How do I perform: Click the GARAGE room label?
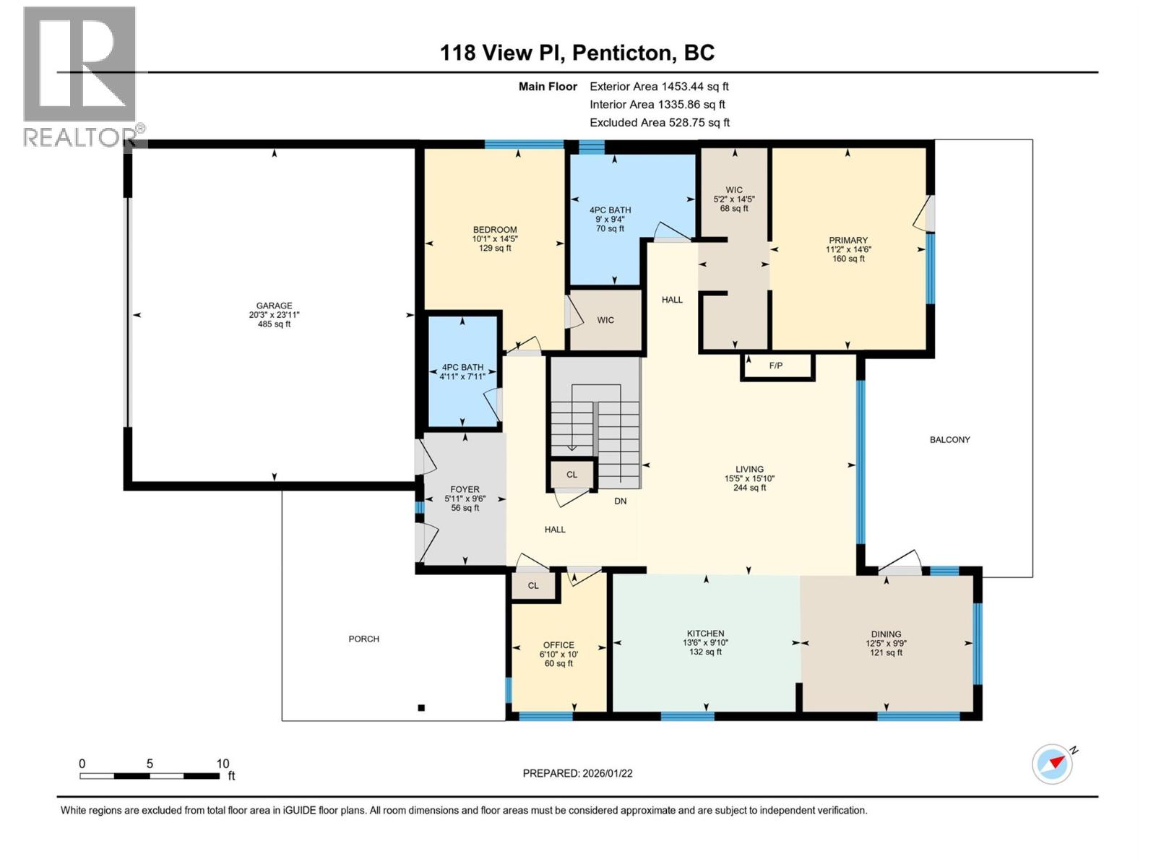pos(274,306)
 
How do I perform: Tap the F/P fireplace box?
pos(775,366)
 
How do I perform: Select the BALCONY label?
pos(949,439)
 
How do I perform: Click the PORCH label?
pos(363,639)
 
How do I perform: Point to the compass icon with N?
pos(1052,764)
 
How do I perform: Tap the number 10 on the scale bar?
pos(223,764)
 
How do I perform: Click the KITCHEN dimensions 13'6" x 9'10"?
pos(705,643)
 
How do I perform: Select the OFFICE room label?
pos(558,645)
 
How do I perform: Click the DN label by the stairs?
pos(620,501)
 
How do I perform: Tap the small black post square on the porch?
pos(421,708)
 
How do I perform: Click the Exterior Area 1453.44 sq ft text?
pos(659,86)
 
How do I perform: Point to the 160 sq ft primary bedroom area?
pos(848,259)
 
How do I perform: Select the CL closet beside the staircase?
pos(571,475)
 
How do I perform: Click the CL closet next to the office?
pos(533,586)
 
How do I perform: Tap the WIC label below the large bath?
pos(605,320)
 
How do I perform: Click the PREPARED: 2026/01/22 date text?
pos(577,773)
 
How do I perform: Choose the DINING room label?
pos(886,634)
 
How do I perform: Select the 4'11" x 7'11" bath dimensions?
pos(463,376)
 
